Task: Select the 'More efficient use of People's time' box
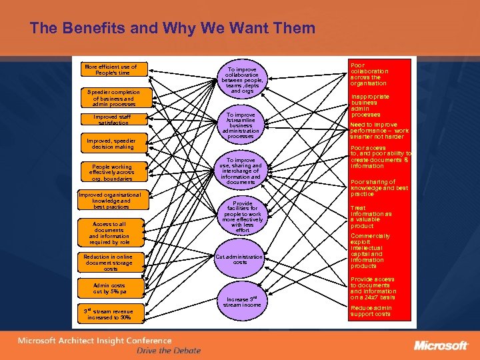tap(111, 69)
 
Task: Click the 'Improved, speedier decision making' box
tap(111, 144)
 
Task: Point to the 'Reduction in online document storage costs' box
tap(111, 263)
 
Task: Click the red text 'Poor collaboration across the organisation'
tap(369, 75)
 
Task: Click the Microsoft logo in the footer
tap(441, 345)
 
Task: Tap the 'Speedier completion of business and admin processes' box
tap(111, 98)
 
